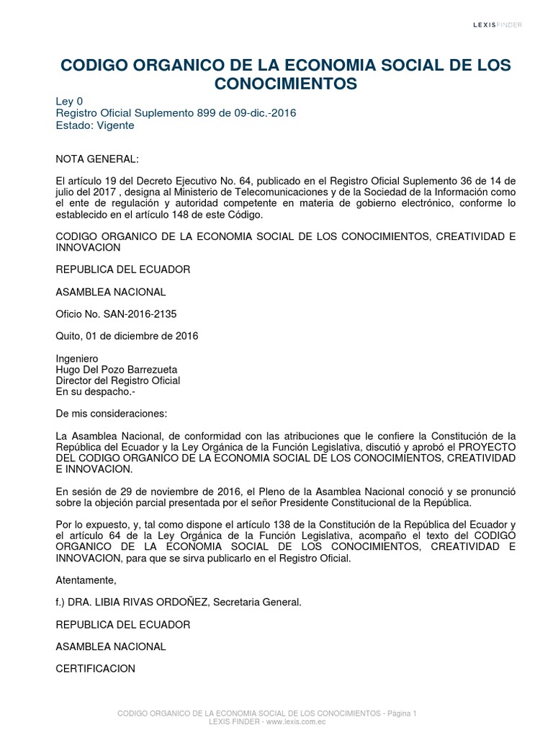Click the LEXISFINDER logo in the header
pos(498,25)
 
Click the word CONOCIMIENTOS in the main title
pos(287,84)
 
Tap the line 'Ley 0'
pos(70,102)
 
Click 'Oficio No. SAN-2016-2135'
pos(116,314)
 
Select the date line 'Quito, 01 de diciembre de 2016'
pos(127,336)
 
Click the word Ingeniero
pos(77,359)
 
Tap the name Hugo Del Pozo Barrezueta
pos(117,370)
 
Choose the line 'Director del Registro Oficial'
pos(118,381)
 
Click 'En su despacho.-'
pos(95,391)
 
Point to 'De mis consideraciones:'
pos(111,414)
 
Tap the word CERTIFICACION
pos(96,668)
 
